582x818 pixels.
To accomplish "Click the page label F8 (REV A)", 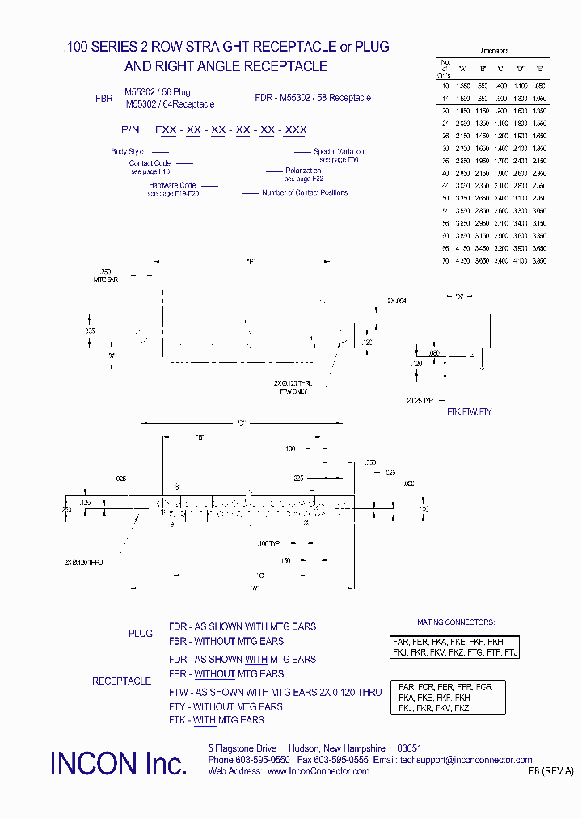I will pyautogui.click(x=550, y=771).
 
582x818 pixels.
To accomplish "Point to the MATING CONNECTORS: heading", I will pyautogui.click(x=455, y=622).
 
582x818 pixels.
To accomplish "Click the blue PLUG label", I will pyautogui.click(x=140, y=634).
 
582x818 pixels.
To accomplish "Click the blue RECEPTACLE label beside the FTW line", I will pyautogui.click(x=121, y=681).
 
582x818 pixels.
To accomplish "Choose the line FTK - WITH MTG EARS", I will pyautogui.click(x=216, y=720).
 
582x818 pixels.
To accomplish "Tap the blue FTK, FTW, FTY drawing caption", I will pyautogui.click(x=469, y=411).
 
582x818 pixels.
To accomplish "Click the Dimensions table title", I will pyautogui.click(x=493, y=50).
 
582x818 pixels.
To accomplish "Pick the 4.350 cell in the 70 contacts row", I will pyautogui.click(x=462, y=261).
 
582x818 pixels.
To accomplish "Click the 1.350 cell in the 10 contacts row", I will pyautogui.click(x=462, y=85).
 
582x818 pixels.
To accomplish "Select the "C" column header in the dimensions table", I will pyautogui.click(x=501, y=68).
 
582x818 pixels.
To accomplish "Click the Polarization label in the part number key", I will pyautogui.click(x=304, y=171).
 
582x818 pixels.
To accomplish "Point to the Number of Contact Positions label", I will pyautogui.click(x=305, y=192).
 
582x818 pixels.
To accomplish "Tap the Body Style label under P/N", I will pyautogui.click(x=127, y=151).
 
